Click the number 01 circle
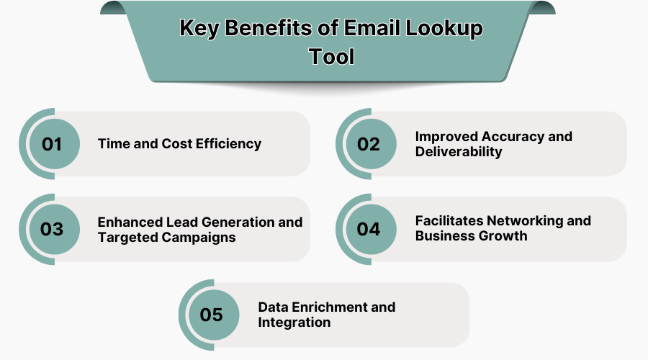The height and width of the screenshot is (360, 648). (55, 144)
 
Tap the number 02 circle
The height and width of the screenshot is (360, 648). (371, 144)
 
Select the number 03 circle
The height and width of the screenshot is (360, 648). (55, 230)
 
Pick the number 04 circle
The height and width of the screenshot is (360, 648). (371, 230)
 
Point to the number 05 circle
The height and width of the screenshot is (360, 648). (214, 315)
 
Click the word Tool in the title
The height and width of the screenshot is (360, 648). (332, 57)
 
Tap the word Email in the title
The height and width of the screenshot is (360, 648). (372, 28)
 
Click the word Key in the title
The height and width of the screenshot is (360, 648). (199, 29)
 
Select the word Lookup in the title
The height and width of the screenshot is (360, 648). (444, 29)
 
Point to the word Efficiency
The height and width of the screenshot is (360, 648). (228, 144)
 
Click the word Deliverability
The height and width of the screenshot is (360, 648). (459, 152)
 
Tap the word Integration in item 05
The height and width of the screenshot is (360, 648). (294, 323)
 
